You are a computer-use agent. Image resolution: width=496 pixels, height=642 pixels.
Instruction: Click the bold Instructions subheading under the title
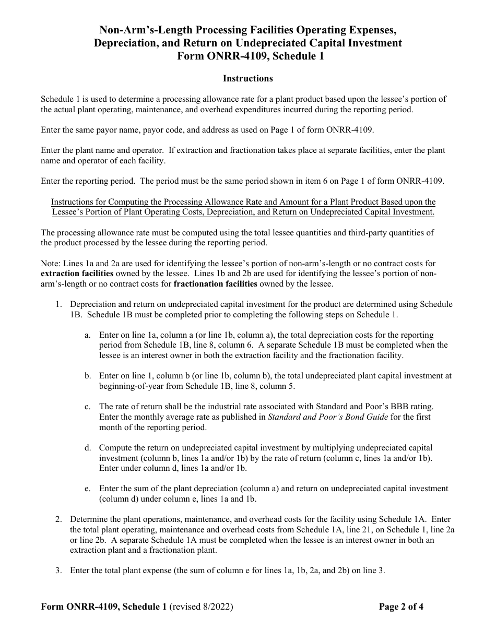tap(247, 79)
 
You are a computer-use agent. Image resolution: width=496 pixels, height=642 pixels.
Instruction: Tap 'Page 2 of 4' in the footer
tap(401, 607)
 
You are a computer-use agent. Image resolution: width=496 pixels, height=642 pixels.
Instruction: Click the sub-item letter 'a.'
tap(88, 335)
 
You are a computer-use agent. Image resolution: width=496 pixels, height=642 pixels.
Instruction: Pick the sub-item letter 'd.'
tap(88, 447)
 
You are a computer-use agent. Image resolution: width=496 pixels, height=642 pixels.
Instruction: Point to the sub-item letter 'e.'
tap(88, 489)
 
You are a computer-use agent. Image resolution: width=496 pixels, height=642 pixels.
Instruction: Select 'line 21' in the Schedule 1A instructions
tap(315, 530)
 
